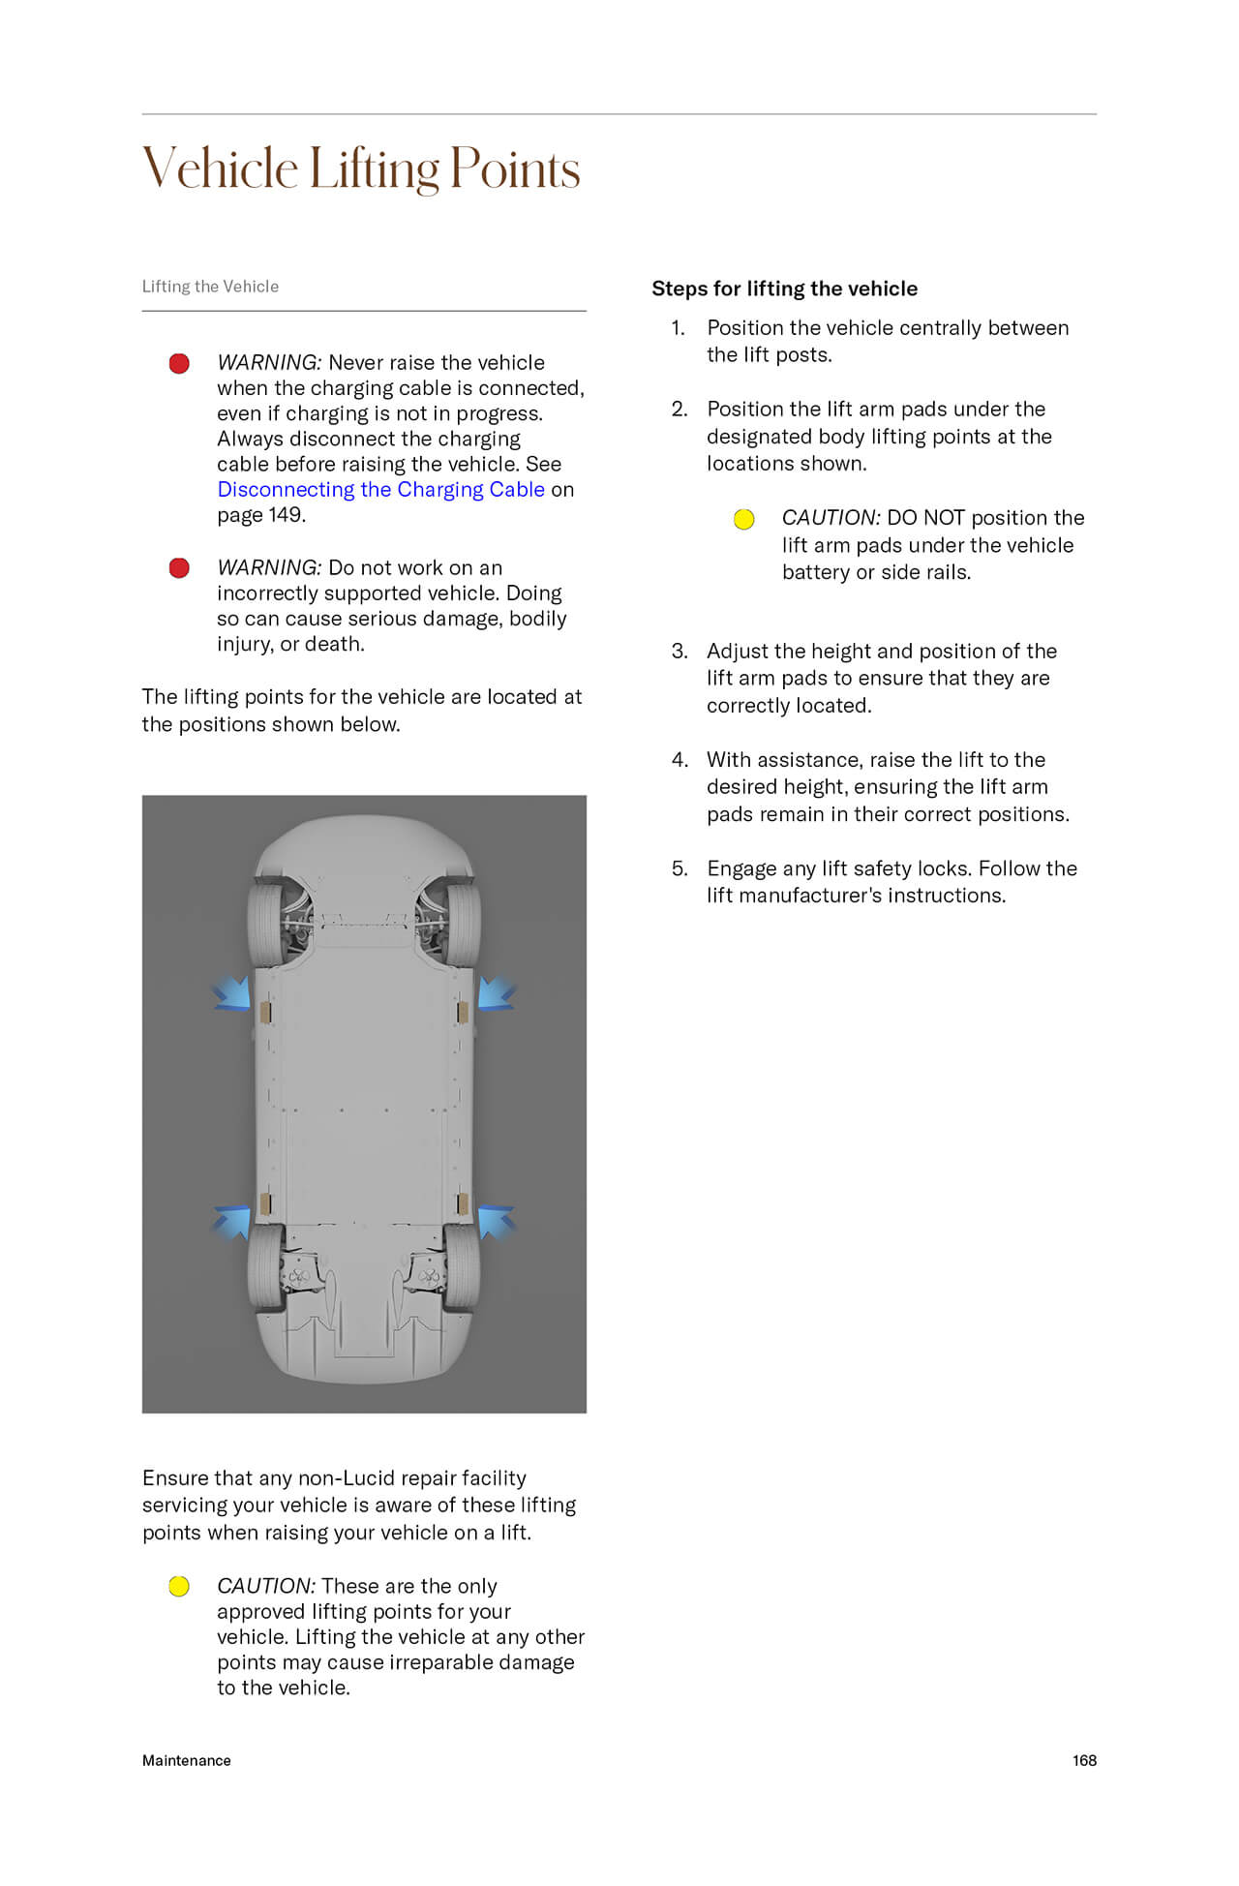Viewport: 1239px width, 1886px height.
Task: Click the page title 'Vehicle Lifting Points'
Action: [x=361, y=168]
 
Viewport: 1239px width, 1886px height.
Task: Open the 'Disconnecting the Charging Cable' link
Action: [x=380, y=490]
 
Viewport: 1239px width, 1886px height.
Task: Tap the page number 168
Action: [x=1084, y=1760]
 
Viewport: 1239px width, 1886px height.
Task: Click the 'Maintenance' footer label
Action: [x=187, y=1760]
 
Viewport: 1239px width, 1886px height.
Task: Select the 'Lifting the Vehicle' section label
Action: [x=210, y=287]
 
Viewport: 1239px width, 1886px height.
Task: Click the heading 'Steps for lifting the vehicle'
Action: [x=784, y=289]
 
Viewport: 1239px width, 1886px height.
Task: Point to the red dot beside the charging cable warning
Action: [x=179, y=364]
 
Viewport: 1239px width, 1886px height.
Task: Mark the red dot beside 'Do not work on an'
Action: [x=179, y=568]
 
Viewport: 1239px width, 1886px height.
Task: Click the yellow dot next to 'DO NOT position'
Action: [x=743, y=520]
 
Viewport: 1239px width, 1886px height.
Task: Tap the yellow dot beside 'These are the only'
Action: [x=179, y=1587]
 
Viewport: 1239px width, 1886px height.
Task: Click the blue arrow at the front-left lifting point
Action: [x=233, y=993]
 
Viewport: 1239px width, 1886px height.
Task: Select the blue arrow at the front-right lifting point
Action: [x=496, y=993]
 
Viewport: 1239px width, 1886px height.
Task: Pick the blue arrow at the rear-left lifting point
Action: [x=233, y=1221]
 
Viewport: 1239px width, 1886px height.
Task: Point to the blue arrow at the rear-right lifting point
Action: [x=496, y=1221]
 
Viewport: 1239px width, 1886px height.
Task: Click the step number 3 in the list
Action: [x=680, y=652]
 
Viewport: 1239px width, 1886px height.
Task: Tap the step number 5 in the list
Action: [x=680, y=868]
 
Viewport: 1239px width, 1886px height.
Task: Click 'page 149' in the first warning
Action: [x=260, y=515]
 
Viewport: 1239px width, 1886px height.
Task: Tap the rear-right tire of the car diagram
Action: [x=463, y=1266]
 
